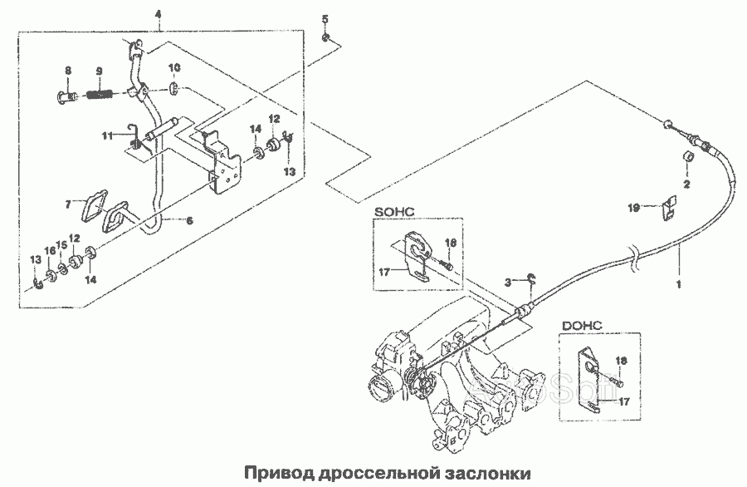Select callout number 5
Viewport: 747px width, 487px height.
tap(325, 18)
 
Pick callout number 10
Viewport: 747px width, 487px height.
tap(174, 66)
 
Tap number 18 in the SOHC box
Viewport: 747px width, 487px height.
tap(451, 242)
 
